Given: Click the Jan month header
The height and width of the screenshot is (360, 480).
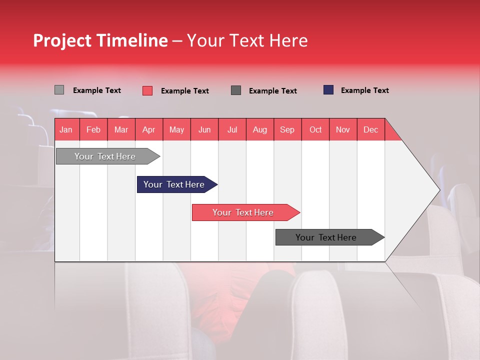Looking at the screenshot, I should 66,129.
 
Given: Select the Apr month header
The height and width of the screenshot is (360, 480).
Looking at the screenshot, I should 149,129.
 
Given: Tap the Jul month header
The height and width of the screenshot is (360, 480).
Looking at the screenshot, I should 232,129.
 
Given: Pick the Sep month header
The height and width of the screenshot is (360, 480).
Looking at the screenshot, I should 287,129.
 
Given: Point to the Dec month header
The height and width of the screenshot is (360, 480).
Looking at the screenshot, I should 370,129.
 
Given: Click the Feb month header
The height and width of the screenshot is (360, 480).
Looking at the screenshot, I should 93,129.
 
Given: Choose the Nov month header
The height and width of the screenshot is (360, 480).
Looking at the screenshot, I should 343,129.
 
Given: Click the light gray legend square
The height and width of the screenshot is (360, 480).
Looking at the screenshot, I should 59,90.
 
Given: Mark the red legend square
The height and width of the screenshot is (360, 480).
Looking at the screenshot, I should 147,90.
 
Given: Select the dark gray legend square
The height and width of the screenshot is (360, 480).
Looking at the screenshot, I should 236,90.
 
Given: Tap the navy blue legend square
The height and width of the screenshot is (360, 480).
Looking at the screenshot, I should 328,90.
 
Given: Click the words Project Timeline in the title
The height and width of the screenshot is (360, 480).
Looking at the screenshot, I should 100,40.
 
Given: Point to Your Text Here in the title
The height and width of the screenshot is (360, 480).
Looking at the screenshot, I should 247,40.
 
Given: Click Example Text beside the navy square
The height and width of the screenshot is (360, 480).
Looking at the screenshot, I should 364,90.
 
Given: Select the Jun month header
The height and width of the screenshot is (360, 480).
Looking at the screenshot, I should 204,129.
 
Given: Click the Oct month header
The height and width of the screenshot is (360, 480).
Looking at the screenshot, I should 315,129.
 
